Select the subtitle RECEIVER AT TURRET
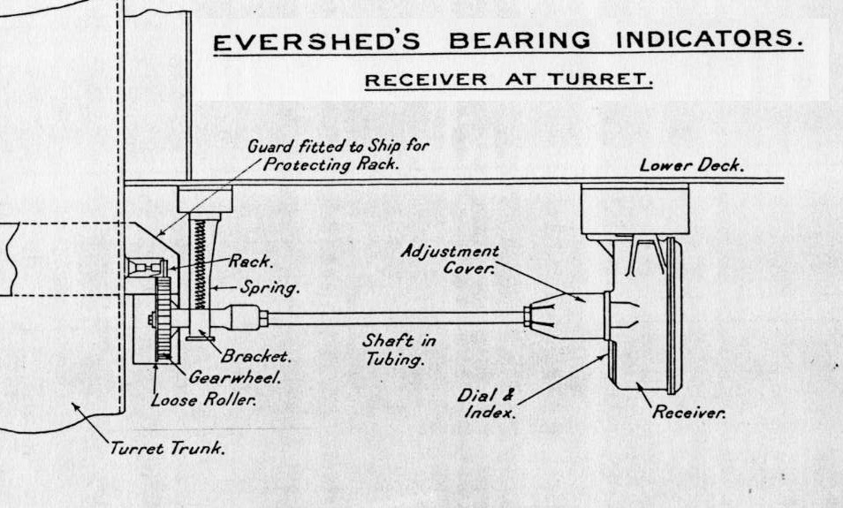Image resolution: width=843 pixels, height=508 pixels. [x=509, y=80]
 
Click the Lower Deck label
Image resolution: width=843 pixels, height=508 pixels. [x=692, y=165]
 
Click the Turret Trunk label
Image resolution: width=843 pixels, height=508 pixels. [x=167, y=448]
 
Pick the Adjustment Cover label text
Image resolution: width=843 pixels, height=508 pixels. [x=450, y=260]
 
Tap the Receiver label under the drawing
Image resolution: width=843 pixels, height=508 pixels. [x=688, y=413]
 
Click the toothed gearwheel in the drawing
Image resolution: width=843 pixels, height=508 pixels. [x=161, y=318]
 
